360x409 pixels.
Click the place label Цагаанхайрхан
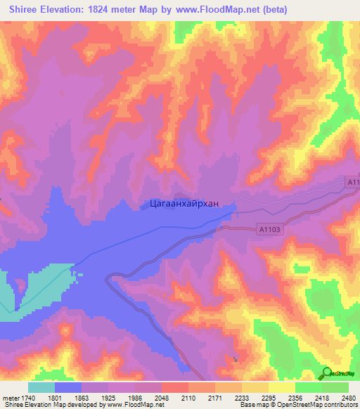pyautogui.click(x=184, y=204)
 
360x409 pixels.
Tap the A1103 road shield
pyautogui.click(x=270, y=229)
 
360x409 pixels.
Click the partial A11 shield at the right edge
pyautogui.click(x=353, y=182)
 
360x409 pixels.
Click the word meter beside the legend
pyautogui.click(x=11, y=396)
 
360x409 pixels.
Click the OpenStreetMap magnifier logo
pyautogui.click(x=327, y=373)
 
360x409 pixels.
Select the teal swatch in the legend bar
pyautogui.click(x=41, y=387)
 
